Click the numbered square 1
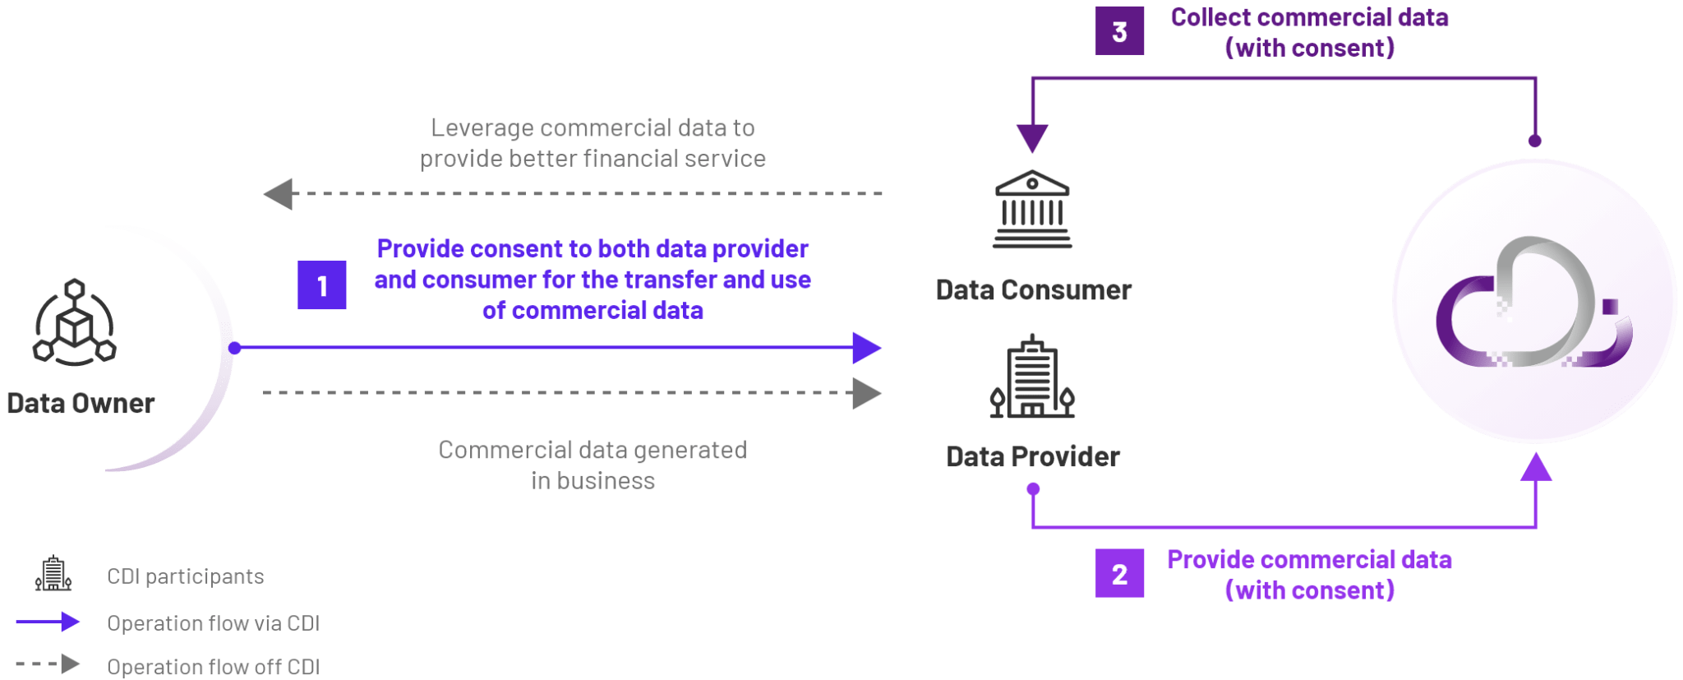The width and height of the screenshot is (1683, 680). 321,285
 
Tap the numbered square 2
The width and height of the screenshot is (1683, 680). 1119,573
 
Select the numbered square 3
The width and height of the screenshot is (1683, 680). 1119,31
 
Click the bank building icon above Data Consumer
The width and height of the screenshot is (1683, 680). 1032,210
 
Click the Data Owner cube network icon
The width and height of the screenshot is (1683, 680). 74,321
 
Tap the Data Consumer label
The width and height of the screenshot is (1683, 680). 1033,290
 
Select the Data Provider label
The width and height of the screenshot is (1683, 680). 1033,456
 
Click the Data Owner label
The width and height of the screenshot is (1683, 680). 81,404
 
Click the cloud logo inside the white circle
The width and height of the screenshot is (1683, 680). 1533,303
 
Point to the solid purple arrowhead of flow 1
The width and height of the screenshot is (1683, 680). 867,348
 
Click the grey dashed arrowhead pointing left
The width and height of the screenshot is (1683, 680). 278,194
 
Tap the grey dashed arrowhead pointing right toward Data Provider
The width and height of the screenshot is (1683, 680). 867,393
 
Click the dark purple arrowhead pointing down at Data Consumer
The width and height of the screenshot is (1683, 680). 1031,138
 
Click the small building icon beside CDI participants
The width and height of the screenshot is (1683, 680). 53,574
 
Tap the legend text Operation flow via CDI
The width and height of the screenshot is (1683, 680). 213,623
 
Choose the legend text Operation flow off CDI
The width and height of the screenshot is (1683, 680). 213,666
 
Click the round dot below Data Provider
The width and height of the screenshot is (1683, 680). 1033,489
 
